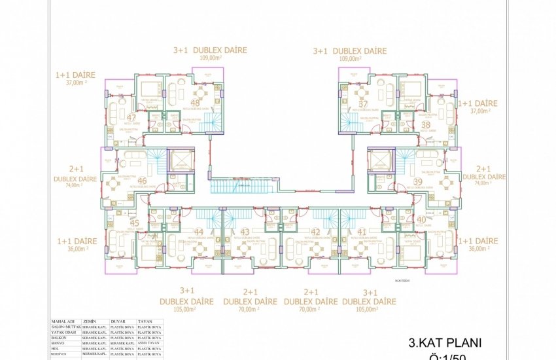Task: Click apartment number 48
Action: [x=195, y=103]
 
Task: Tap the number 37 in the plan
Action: [x=363, y=103]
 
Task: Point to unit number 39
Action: [x=418, y=181]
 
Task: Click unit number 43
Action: [x=245, y=232]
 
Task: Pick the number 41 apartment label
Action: [x=362, y=232]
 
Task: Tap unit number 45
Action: [x=135, y=223]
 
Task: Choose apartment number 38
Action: [x=426, y=124]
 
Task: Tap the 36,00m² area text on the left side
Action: [x=77, y=249]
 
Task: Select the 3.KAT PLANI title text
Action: [x=445, y=342]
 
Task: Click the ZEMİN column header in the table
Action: [x=91, y=323]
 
